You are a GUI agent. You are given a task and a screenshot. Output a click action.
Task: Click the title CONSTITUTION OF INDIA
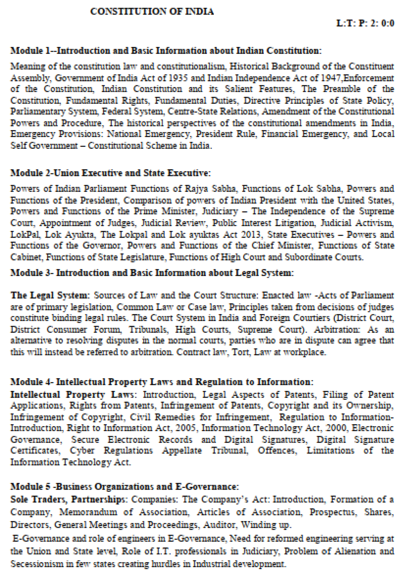point(152,11)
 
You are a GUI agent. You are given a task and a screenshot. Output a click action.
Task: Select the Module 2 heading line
point(110,173)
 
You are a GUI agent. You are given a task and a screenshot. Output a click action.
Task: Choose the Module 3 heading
point(152,273)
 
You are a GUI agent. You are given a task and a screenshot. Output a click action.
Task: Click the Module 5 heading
point(125,487)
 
